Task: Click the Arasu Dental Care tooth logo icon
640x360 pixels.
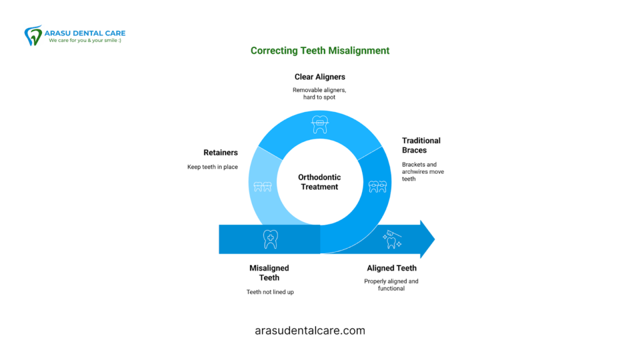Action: (33, 36)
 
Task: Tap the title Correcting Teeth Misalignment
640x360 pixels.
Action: (320, 51)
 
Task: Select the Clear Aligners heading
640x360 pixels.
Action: (320, 77)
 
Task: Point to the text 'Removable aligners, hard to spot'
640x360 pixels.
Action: (319, 94)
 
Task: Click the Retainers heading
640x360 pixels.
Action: (221, 152)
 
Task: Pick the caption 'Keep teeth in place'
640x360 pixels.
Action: (212, 167)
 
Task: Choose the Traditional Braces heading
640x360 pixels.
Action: (421, 145)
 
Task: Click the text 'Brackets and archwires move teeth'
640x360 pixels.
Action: (423, 171)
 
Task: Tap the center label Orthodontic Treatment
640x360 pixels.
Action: (319, 182)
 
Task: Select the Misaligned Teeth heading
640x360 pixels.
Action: (269, 272)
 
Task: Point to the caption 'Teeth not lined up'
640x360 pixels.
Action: (270, 292)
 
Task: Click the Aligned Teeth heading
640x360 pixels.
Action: (392, 268)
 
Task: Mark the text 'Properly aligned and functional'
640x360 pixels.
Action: (391, 285)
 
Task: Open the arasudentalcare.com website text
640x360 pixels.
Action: (310, 331)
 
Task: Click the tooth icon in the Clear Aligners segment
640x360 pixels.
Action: (320, 124)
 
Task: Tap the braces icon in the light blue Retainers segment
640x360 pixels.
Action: (262, 186)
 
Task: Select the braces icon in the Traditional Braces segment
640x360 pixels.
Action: (377, 186)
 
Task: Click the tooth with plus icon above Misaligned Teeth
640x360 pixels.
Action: (270, 239)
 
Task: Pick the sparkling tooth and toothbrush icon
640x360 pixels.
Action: (392, 239)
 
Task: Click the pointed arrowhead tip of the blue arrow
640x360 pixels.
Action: (435, 239)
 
